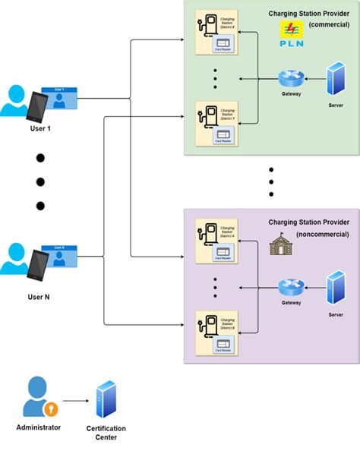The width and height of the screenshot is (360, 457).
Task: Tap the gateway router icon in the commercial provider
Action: [x=290, y=78]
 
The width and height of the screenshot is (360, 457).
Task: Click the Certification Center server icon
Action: [x=106, y=401]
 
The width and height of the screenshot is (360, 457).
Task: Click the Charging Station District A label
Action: [x=227, y=231]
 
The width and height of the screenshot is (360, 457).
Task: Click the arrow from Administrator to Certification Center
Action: [x=74, y=400]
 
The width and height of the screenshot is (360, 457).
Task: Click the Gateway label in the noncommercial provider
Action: [x=290, y=302]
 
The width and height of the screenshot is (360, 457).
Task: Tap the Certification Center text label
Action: [x=106, y=433]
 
